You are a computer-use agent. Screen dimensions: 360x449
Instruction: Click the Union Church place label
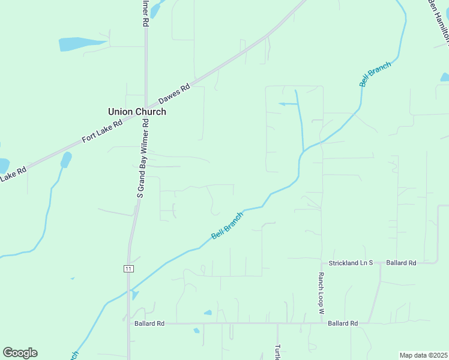click(x=137, y=112)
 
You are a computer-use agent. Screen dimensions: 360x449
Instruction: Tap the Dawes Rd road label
click(x=174, y=95)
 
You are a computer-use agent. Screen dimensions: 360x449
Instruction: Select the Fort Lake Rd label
click(x=102, y=130)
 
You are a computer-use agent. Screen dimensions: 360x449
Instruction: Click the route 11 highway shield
click(x=128, y=268)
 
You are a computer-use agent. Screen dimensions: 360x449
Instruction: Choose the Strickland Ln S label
click(x=350, y=263)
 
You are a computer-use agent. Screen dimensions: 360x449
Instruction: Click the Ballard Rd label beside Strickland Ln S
click(x=401, y=263)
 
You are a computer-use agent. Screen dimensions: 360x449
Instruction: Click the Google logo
click(x=20, y=353)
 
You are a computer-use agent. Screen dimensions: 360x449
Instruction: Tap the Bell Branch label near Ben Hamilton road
click(x=375, y=74)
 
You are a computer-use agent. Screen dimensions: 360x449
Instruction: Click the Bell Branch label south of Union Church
click(x=228, y=226)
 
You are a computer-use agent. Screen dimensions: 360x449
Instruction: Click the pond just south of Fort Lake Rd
click(x=65, y=160)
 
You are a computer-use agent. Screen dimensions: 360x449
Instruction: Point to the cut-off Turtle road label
click(x=277, y=352)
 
